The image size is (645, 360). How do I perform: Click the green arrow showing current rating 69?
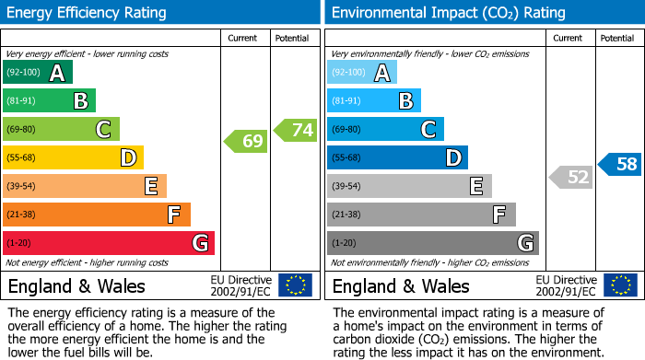245,141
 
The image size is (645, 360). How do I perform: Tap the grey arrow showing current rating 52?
571,177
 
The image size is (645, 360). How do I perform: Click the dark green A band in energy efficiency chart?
38,73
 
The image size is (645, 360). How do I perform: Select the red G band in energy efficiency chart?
109,243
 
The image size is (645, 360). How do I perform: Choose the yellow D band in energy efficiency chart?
73,158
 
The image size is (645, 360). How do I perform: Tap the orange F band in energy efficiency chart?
97,215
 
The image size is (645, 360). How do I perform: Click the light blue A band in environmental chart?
362,73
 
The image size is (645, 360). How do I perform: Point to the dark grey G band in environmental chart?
432,243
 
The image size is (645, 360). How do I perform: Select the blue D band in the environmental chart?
397,158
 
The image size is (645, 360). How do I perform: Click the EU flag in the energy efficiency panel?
295,285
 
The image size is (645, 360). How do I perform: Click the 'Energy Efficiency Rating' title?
87,13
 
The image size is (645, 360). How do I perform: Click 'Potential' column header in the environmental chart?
617,38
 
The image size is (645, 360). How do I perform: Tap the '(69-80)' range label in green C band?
22,130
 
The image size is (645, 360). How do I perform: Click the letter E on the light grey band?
475,187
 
